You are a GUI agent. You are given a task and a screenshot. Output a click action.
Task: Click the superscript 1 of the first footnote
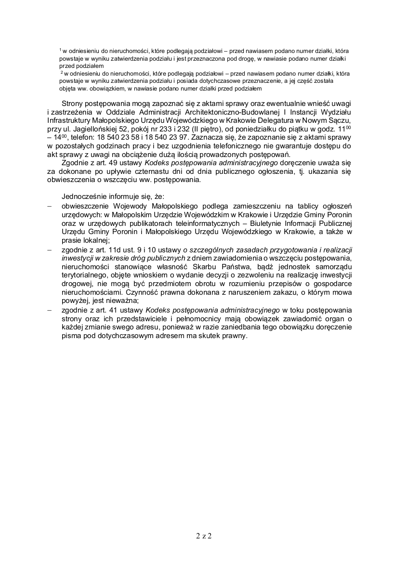tap(60, 49)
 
